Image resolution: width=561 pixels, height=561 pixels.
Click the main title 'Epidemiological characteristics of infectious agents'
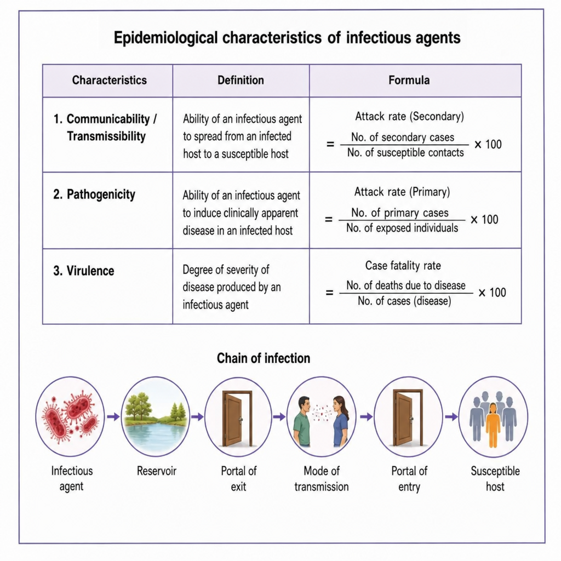point(287,38)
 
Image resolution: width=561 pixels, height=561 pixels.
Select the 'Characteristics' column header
point(110,80)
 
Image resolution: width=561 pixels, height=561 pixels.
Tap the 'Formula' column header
point(409,80)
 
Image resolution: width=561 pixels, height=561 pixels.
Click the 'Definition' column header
point(241,80)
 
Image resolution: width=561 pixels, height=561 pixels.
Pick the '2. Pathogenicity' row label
point(94,194)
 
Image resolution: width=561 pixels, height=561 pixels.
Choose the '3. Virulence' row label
point(84,271)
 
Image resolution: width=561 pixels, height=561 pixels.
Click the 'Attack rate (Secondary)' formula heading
point(409,116)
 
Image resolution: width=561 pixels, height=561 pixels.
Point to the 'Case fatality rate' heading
point(403,266)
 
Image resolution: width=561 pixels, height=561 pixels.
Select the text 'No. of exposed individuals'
point(402,228)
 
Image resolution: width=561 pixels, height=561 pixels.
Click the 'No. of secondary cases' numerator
point(403,137)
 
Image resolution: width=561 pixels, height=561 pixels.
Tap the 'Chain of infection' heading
point(264,358)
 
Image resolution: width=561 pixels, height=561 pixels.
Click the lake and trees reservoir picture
point(155,417)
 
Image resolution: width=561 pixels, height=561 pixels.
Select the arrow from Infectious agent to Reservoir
point(113,416)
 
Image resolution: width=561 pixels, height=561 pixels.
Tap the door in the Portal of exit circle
point(238,418)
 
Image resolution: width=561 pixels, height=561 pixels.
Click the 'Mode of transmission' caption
point(321,479)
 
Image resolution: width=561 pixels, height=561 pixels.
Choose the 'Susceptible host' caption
point(495,479)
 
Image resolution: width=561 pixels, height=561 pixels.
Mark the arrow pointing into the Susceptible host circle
point(451,416)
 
